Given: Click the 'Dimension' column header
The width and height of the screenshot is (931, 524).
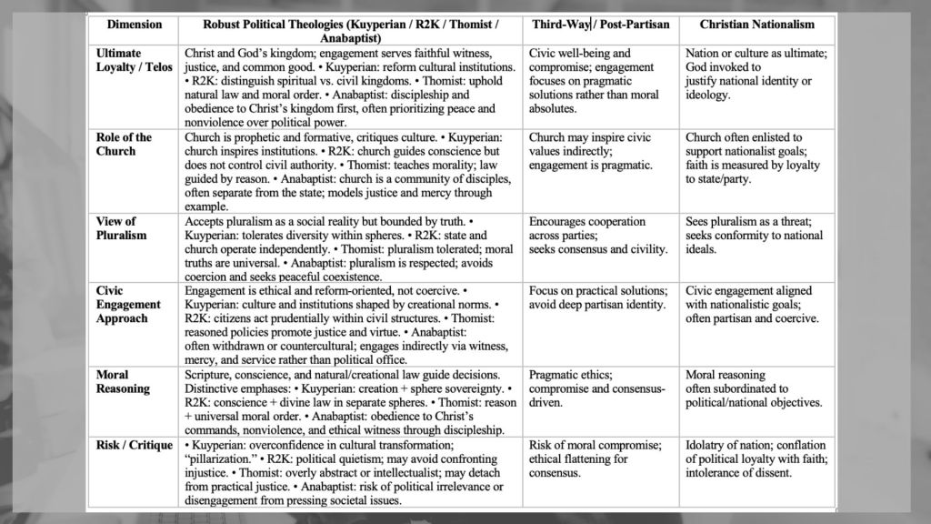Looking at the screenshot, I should click(134, 25).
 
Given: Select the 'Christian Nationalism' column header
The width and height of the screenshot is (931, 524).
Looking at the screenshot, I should click(756, 25).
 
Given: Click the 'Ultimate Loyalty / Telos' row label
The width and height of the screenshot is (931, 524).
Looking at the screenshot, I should click(134, 60).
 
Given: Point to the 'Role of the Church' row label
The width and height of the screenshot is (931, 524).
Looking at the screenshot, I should click(125, 144).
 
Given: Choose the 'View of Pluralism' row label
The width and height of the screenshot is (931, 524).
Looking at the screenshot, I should click(121, 228).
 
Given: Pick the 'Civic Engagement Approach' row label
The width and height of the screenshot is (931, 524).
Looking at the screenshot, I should click(128, 305).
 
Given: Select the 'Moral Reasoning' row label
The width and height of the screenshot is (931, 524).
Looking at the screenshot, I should click(123, 381).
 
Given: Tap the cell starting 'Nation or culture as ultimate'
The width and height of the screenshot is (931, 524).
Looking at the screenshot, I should click(756, 75).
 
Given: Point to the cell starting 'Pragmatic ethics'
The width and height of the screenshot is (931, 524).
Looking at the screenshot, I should click(596, 388).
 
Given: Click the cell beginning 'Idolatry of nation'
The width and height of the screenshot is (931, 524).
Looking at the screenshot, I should click(756, 458).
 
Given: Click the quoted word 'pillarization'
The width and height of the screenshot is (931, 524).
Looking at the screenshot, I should click(224, 458).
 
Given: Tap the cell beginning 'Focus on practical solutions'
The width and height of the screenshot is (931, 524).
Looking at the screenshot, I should click(596, 297).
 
